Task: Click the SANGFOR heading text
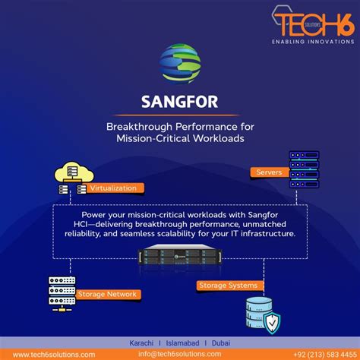180,101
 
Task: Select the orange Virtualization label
113,188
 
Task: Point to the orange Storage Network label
107,293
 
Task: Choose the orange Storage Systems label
221,285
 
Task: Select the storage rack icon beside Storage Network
63,289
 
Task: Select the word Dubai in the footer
221,342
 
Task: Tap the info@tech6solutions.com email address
180,354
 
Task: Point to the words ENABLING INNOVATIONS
312,42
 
